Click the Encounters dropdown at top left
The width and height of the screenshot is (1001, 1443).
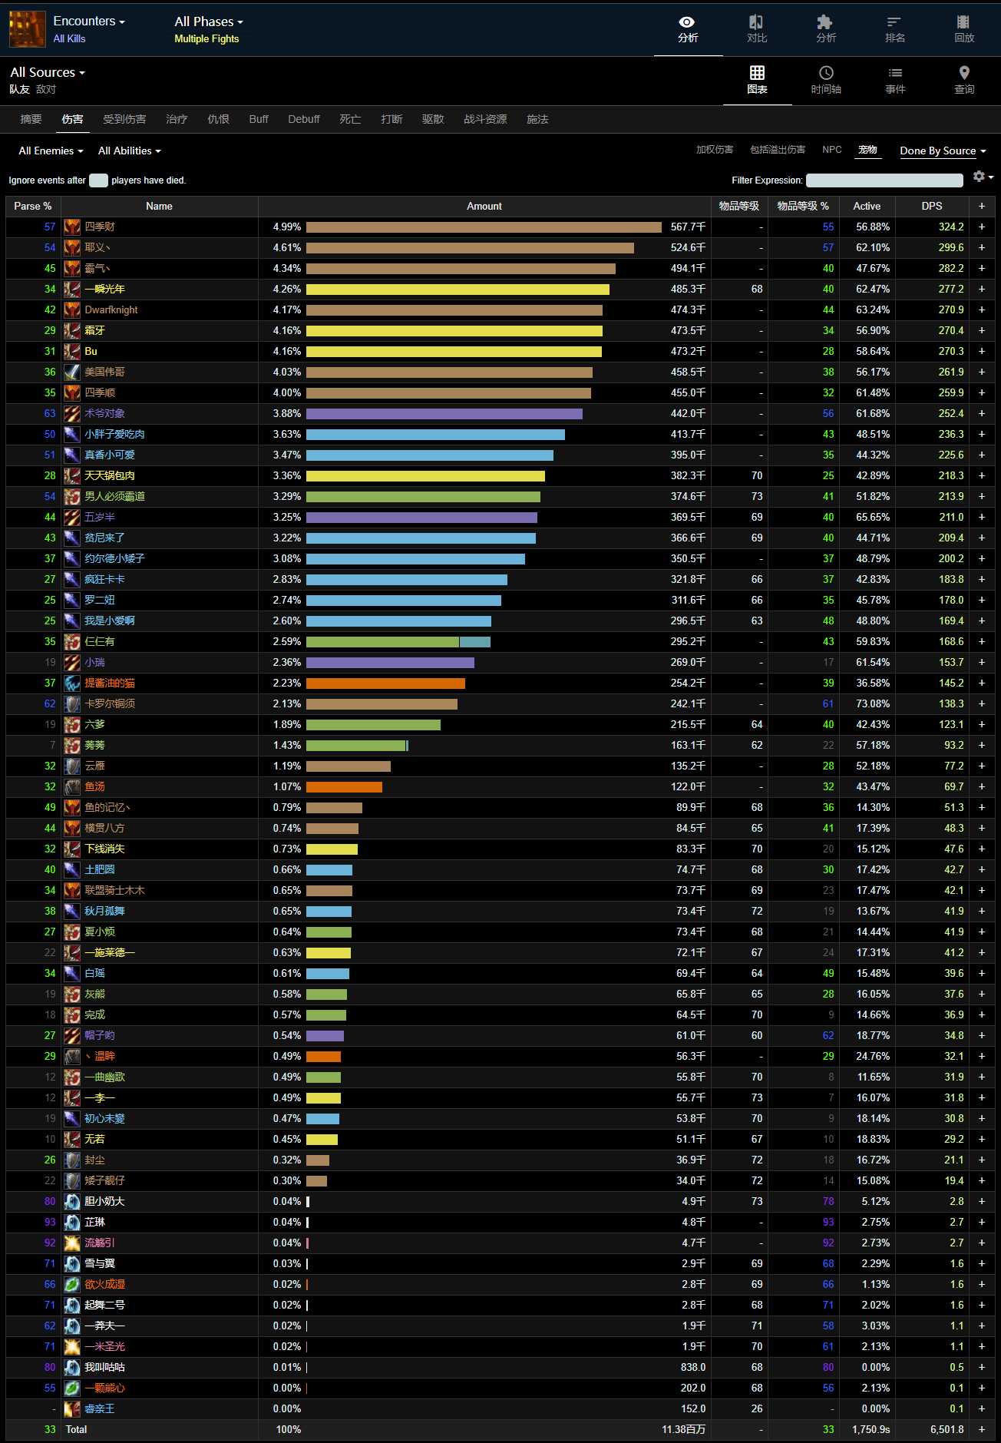[x=89, y=22]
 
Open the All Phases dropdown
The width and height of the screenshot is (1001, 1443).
[x=208, y=22]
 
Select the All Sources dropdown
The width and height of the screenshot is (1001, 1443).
[x=48, y=72]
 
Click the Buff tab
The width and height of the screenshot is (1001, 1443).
[x=259, y=119]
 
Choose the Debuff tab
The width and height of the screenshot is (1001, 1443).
[x=303, y=119]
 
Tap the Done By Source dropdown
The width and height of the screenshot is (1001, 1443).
[x=943, y=151]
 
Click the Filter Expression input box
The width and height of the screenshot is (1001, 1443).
[x=884, y=180]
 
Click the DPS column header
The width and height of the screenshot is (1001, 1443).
[x=931, y=206]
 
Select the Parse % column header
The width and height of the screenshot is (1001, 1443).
[x=33, y=206]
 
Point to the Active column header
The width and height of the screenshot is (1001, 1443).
[x=867, y=206]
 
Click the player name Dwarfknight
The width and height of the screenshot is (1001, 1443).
[x=111, y=309]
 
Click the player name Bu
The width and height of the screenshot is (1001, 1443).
[x=91, y=351]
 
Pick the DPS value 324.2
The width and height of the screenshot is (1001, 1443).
[x=951, y=227]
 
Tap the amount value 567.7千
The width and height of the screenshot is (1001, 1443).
[x=688, y=227]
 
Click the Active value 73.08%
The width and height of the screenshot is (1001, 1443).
[x=873, y=703]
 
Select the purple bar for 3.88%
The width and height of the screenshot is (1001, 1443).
[x=444, y=413]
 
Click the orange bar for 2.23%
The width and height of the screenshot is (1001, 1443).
[x=385, y=683]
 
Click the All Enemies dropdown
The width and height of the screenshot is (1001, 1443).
[x=51, y=151]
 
